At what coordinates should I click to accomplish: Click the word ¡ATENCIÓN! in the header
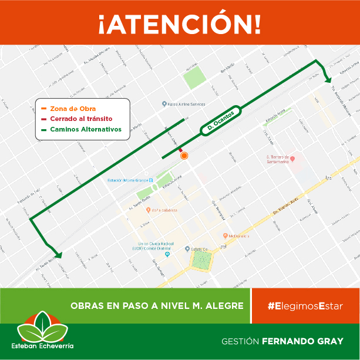coord(180,23)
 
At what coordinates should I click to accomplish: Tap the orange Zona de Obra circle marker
coord(184,156)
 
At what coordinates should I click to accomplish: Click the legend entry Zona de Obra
coord(73,109)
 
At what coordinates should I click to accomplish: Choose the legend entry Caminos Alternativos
coord(85,129)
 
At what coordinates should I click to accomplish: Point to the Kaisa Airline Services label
coord(187,104)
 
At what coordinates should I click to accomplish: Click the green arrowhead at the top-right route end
coord(328,79)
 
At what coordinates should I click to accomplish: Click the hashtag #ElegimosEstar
coord(305,306)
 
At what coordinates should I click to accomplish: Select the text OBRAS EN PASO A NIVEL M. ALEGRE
coord(157,306)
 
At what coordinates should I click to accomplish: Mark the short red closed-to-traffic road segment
coord(180,149)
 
